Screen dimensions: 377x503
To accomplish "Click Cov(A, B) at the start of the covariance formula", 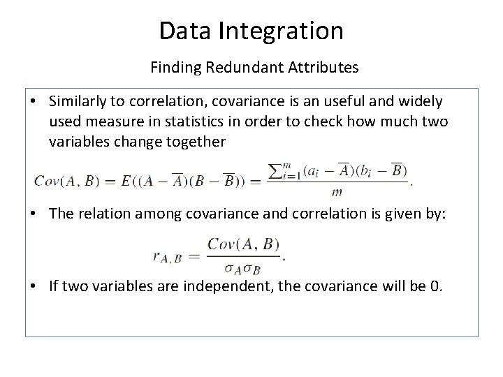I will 64,181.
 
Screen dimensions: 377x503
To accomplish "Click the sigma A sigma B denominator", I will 241,266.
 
